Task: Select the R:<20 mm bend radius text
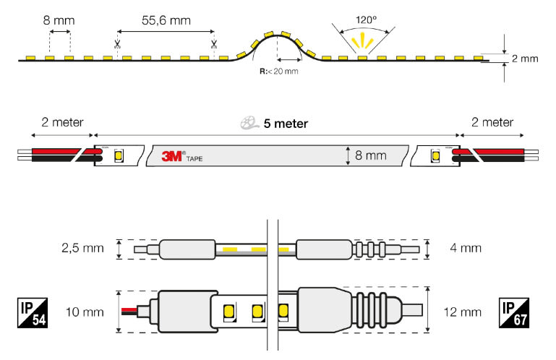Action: (x=279, y=72)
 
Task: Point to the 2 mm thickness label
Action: (x=525, y=59)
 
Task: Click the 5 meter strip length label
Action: (x=286, y=124)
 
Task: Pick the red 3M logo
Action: (x=174, y=155)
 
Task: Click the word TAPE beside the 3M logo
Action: (x=194, y=158)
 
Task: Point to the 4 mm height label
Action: (x=465, y=249)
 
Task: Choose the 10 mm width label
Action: (x=82, y=312)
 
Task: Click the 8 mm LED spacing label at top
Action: (x=58, y=20)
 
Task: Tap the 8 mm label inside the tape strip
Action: (x=372, y=155)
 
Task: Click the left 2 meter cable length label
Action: (x=62, y=122)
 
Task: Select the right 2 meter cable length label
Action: (x=492, y=122)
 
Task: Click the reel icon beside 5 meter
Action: (x=249, y=124)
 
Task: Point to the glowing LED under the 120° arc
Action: (x=362, y=57)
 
